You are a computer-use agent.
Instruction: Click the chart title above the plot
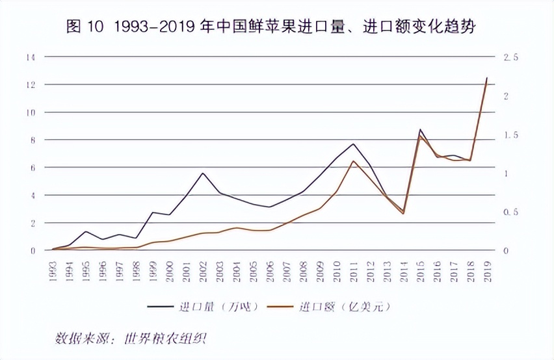pyautogui.click(x=276, y=28)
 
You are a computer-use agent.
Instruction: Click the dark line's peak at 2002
pyautogui.click(x=203, y=174)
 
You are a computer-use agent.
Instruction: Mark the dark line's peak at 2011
pyautogui.click(x=353, y=144)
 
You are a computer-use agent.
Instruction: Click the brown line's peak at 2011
pyautogui.click(x=353, y=161)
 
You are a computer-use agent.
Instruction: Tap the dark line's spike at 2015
pyautogui.click(x=420, y=130)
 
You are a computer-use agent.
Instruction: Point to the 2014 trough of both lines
pyautogui.click(x=403, y=212)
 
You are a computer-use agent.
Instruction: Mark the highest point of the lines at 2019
pyautogui.click(x=487, y=78)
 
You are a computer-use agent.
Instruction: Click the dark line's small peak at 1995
pyautogui.click(x=86, y=231)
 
